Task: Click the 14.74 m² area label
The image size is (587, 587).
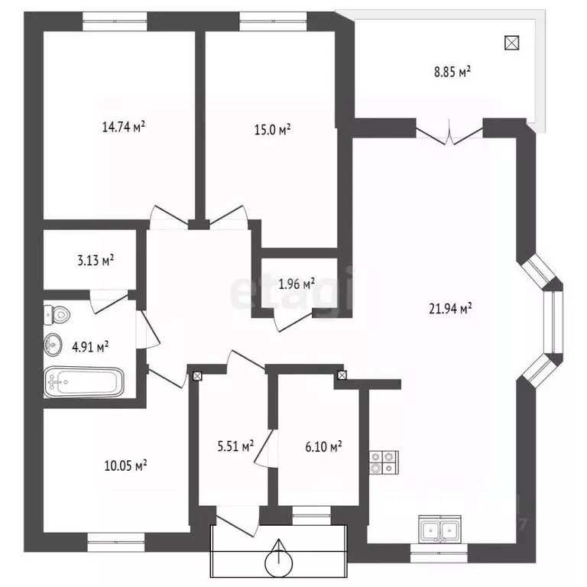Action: [x=124, y=127]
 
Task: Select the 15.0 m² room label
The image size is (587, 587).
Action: [x=273, y=129]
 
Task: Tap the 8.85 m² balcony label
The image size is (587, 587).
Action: [x=452, y=72]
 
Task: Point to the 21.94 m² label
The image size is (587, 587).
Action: [x=450, y=309]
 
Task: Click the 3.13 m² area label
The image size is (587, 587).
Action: [x=96, y=260]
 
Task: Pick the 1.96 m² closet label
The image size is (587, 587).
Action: [x=297, y=284]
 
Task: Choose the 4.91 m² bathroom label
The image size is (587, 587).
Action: [x=90, y=347]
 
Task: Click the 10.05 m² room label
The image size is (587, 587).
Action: [x=125, y=465]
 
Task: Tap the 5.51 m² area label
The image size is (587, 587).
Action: [x=236, y=446]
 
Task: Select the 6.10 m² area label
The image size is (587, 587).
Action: [x=323, y=446]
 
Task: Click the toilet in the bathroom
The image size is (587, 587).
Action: [x=57, y=315]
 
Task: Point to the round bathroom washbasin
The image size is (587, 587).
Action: [x=53, y=345]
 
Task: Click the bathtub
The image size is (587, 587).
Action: [x=84, y=382]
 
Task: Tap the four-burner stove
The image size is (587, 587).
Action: [x=384, y=462]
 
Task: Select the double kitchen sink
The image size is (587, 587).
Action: [x=440, y=528]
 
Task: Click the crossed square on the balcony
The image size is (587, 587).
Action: [x=512, y=43]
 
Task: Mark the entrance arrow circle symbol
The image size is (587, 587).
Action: [x=278, y=562]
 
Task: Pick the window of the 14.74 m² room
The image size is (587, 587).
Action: [x=115, y=21]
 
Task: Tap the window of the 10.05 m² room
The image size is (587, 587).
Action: [x=116, y=542]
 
